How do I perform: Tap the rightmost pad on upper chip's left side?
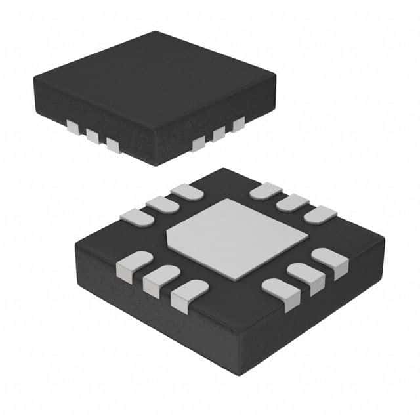coord(114,145)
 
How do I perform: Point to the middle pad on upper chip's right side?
coord(218,134)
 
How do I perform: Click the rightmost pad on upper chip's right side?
coord(238,124)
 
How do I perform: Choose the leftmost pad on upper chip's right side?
coord(198,144)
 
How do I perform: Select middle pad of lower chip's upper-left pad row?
coord(161,204)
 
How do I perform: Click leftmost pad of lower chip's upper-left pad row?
coord(137,217)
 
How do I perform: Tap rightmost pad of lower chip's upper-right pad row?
coord(321,214)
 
